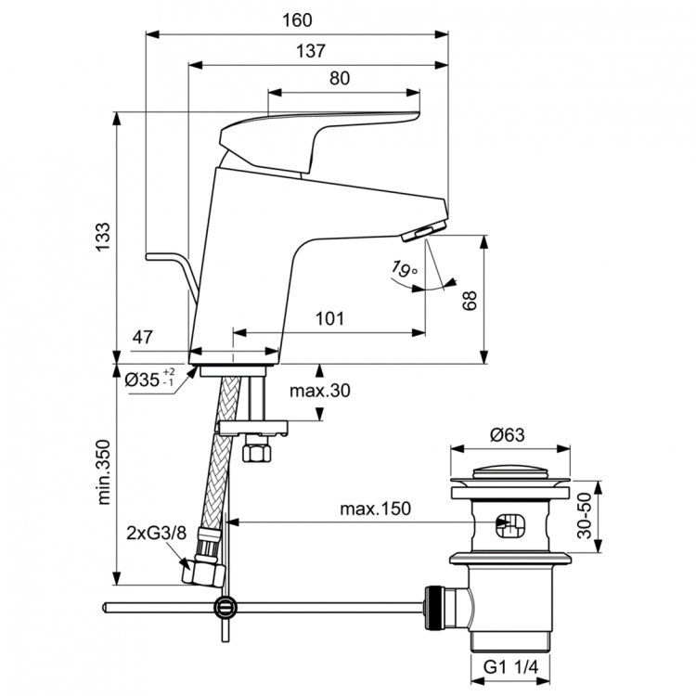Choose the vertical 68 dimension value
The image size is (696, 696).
pyautogui.click(x=470, y=299)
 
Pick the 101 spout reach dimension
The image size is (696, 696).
pyautogui.click(x=329, y=318)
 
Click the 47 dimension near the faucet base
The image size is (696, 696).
pyautogui.click(x=142, y=338)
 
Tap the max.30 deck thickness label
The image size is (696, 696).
pyautogui.click(x=319, y=391)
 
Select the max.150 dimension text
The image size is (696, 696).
pyautogui.click(x=375, y=509)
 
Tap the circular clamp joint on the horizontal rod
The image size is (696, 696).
pyautogui.click(x=224, y=609)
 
